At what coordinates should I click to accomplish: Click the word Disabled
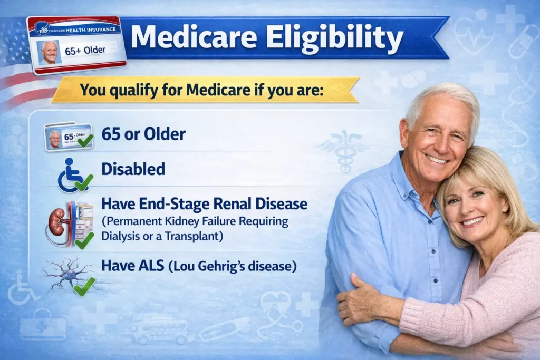click(133, 169)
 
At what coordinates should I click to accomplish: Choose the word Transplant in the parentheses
click(196, 236)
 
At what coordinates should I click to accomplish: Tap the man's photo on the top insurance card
click(50, 52)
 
